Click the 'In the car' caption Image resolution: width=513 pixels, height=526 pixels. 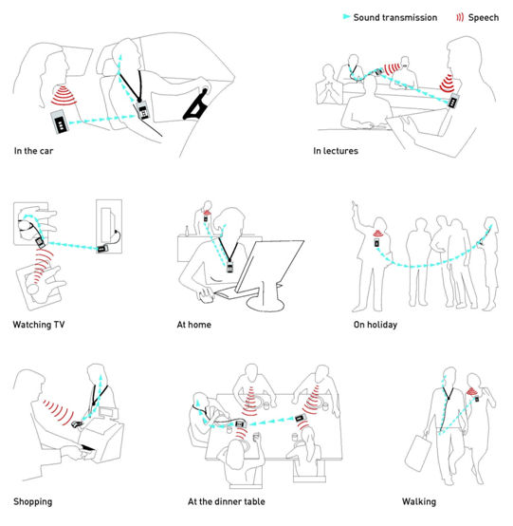coord(35,150)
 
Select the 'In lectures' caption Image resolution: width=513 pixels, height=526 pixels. coord(335,150)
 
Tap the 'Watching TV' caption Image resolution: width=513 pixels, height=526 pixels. coord(38,325)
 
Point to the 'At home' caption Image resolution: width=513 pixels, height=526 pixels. coord(193,325)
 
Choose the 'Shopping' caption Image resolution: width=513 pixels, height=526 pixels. coord(33,500)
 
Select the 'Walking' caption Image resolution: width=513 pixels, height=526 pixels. coord(418,500)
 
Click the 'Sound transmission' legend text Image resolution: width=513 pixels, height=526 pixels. coord(394,18)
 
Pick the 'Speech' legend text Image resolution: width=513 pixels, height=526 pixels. coord(484,18)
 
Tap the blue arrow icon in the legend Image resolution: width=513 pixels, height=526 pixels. coord(345,18)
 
